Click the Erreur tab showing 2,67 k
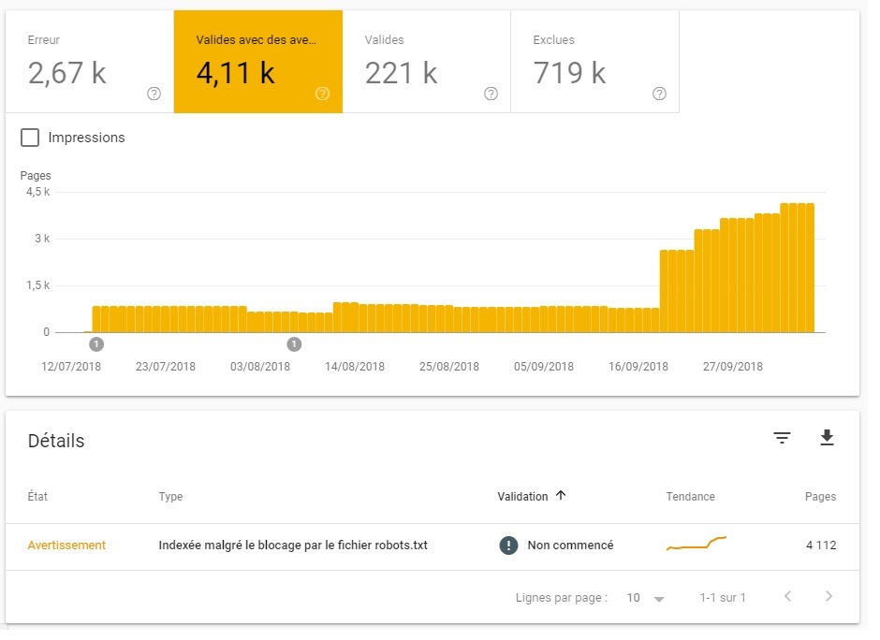pyautogui.click(x=89, y=62)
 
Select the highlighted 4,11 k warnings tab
pyautogui.click(x=257, y=62)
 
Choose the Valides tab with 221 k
pyautogui.click(x=426, y=62)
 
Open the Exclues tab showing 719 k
pyautogui.click(x=594, y=62)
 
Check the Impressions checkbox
pyautogui.click(x=30, y=138)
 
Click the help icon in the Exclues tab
pyautogui.click(x=659, y=94)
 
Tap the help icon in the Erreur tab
pyautogui.click(x=154, y=94)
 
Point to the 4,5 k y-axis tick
pyautogui.click(x=37, y=192)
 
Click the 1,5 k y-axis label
pyautogui.click(x=37, y=285)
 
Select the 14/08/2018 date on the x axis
pyautogui.click(x=355, y=367)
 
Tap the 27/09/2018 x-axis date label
pyautogui.click(x=733, y=367)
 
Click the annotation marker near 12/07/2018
pyautogui.click(x=96, y=344)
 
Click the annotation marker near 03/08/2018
pyautogui.click(x=294, y=344)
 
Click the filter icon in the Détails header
pyautogui.click(x=782, y=438)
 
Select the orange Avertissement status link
pyautogui.click(x=66, y=545)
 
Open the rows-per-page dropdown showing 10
pyautogui.click(x=646, y=597)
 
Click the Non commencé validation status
pyautogui.click(x=569, y=545)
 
